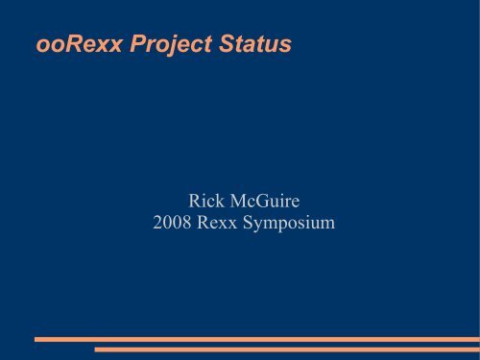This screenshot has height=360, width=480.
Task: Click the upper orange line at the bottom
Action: (255, 339)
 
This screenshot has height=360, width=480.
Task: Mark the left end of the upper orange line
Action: (36, 339)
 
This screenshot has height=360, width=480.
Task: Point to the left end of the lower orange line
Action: (96, 349)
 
